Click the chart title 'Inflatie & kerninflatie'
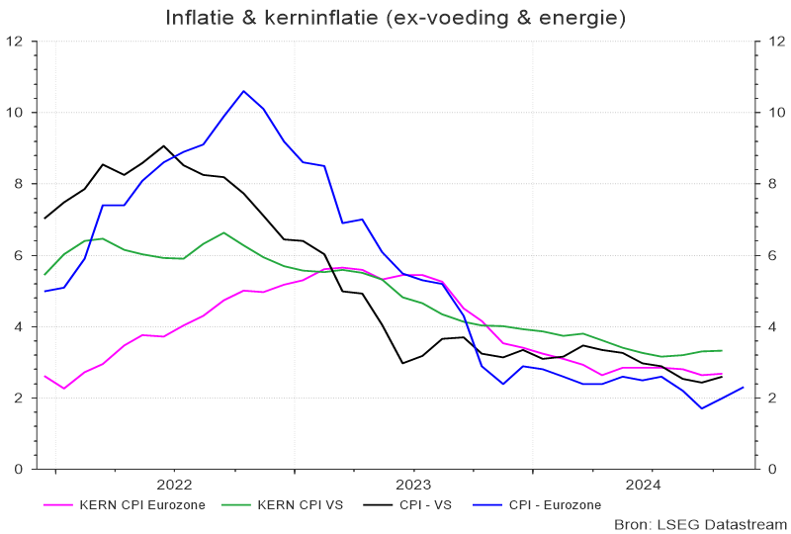pyautogui.click(x=395, y=18)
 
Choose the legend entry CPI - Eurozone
pyautogui.click(x=554, y=505)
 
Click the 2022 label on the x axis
pyautogui.click(x=174, y=484)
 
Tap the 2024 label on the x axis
pyautogui.click(x=644, y=484)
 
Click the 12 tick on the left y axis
pyautogui.click(x=16, y=42)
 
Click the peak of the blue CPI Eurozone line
pyautogui.click(x=243, y=91)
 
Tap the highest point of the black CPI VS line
pyautogui.click(x=164, y=146)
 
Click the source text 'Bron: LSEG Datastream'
pyautogui.click(x=700, y=523)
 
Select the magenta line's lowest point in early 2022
pyautogui.click(x=64, y=388)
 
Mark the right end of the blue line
pyautogui.click(x=742, y=387)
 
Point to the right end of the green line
pyautogui.click(x=722, y=350)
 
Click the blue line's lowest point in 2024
pyautogui.click(x=702, y=408)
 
